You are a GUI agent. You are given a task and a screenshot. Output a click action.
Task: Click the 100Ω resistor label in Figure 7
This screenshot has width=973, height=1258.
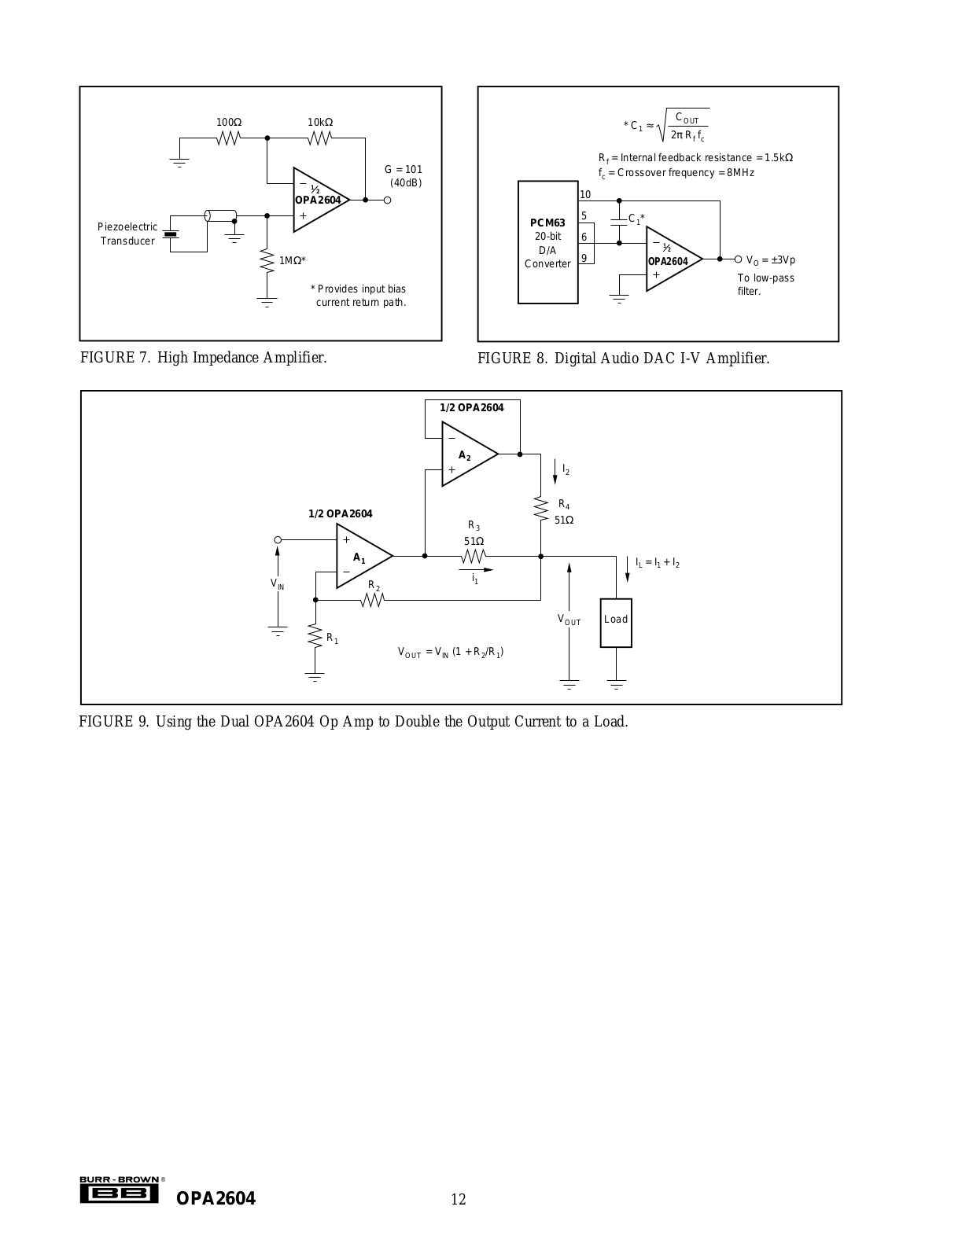point(229,123)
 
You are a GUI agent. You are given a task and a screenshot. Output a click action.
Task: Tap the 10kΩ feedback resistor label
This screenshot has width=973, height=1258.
point(320,123)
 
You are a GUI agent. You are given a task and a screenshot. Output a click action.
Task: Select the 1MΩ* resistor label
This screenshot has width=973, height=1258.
point(293,260)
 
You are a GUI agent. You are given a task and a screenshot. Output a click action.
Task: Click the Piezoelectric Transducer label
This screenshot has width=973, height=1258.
point(127,234)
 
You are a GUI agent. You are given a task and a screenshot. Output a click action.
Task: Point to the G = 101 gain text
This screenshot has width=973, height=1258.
point(404,169)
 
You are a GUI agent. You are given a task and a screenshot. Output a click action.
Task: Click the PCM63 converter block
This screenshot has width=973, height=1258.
point(547,242)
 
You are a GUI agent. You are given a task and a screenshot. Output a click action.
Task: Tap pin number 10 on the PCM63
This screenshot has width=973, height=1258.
point(585,195)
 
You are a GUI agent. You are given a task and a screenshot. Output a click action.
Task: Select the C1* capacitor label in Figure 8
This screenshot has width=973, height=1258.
point(636,219)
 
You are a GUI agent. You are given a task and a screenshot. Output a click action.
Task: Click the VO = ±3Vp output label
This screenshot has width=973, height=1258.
point(770,259)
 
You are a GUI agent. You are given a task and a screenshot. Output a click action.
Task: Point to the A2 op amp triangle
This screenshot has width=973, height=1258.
point(466,454)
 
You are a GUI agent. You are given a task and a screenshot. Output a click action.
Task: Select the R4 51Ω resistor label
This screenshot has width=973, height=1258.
point(564,512)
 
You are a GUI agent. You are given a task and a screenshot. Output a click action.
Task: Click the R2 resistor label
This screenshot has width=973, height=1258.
point(374,587)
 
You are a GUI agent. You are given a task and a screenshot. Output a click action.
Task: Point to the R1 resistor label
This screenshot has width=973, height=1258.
point(332,638)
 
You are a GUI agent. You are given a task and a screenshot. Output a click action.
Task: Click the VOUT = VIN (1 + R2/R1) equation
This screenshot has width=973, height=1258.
point(451,652)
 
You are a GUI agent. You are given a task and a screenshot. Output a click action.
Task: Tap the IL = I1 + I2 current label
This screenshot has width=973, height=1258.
point(658,563)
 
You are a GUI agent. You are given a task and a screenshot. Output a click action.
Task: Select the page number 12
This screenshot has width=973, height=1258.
point(458,1199)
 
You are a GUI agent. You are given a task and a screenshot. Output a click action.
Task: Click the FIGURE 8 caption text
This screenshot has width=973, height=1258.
point(623,359)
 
